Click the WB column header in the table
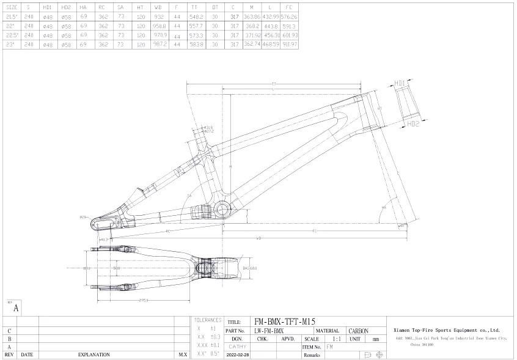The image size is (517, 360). (159, 7)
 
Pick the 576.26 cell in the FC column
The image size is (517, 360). (289, 17)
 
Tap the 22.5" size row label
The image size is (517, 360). (12, 35)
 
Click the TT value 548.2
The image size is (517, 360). (196, 17)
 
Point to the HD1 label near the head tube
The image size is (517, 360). (400, 82)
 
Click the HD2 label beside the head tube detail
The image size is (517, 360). (413, 123)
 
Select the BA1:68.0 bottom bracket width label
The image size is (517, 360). (250, 268)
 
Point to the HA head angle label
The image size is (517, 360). (384, 208)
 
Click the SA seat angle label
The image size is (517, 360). (189, 195)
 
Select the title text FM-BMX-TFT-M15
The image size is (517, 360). (285, 321)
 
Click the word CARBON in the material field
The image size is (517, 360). (358, 331)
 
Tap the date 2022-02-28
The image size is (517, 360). (238, 354)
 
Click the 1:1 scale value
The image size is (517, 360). (337, 339)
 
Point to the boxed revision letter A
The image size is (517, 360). (15, 309)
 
